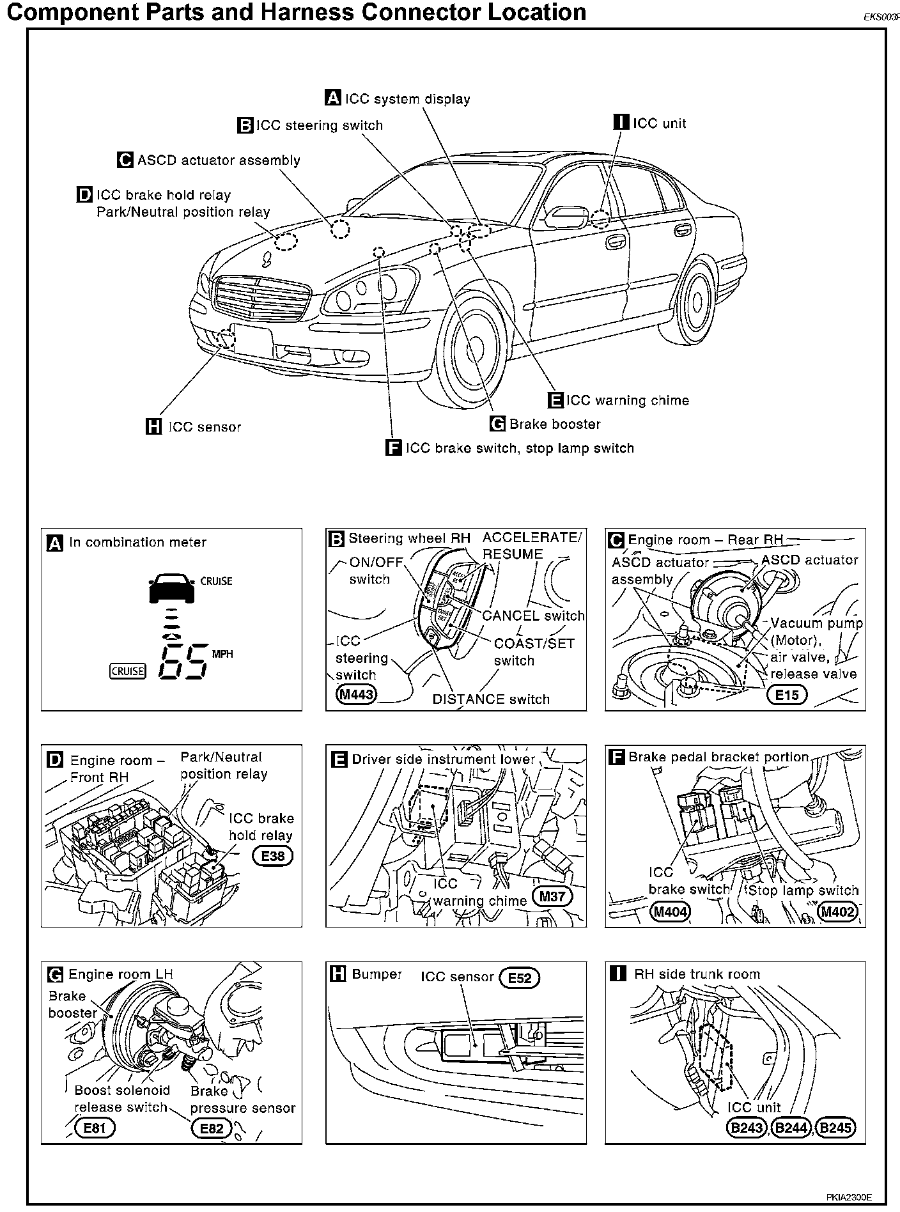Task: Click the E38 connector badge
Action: [273, 855]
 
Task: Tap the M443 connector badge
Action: [357, 694]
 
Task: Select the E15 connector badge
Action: [787, 694]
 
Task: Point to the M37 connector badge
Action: [552, 896]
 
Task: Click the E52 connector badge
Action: [520, 977]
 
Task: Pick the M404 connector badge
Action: [670, 912]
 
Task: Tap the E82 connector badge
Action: [212, 1128]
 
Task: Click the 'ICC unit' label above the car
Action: [659, 123]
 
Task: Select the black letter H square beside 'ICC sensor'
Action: [153, 426]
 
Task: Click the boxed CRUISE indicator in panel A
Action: [128, 671]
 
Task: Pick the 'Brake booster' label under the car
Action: [555, 424]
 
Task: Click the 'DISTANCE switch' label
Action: [491, 699]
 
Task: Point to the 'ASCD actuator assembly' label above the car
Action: [219, 160]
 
